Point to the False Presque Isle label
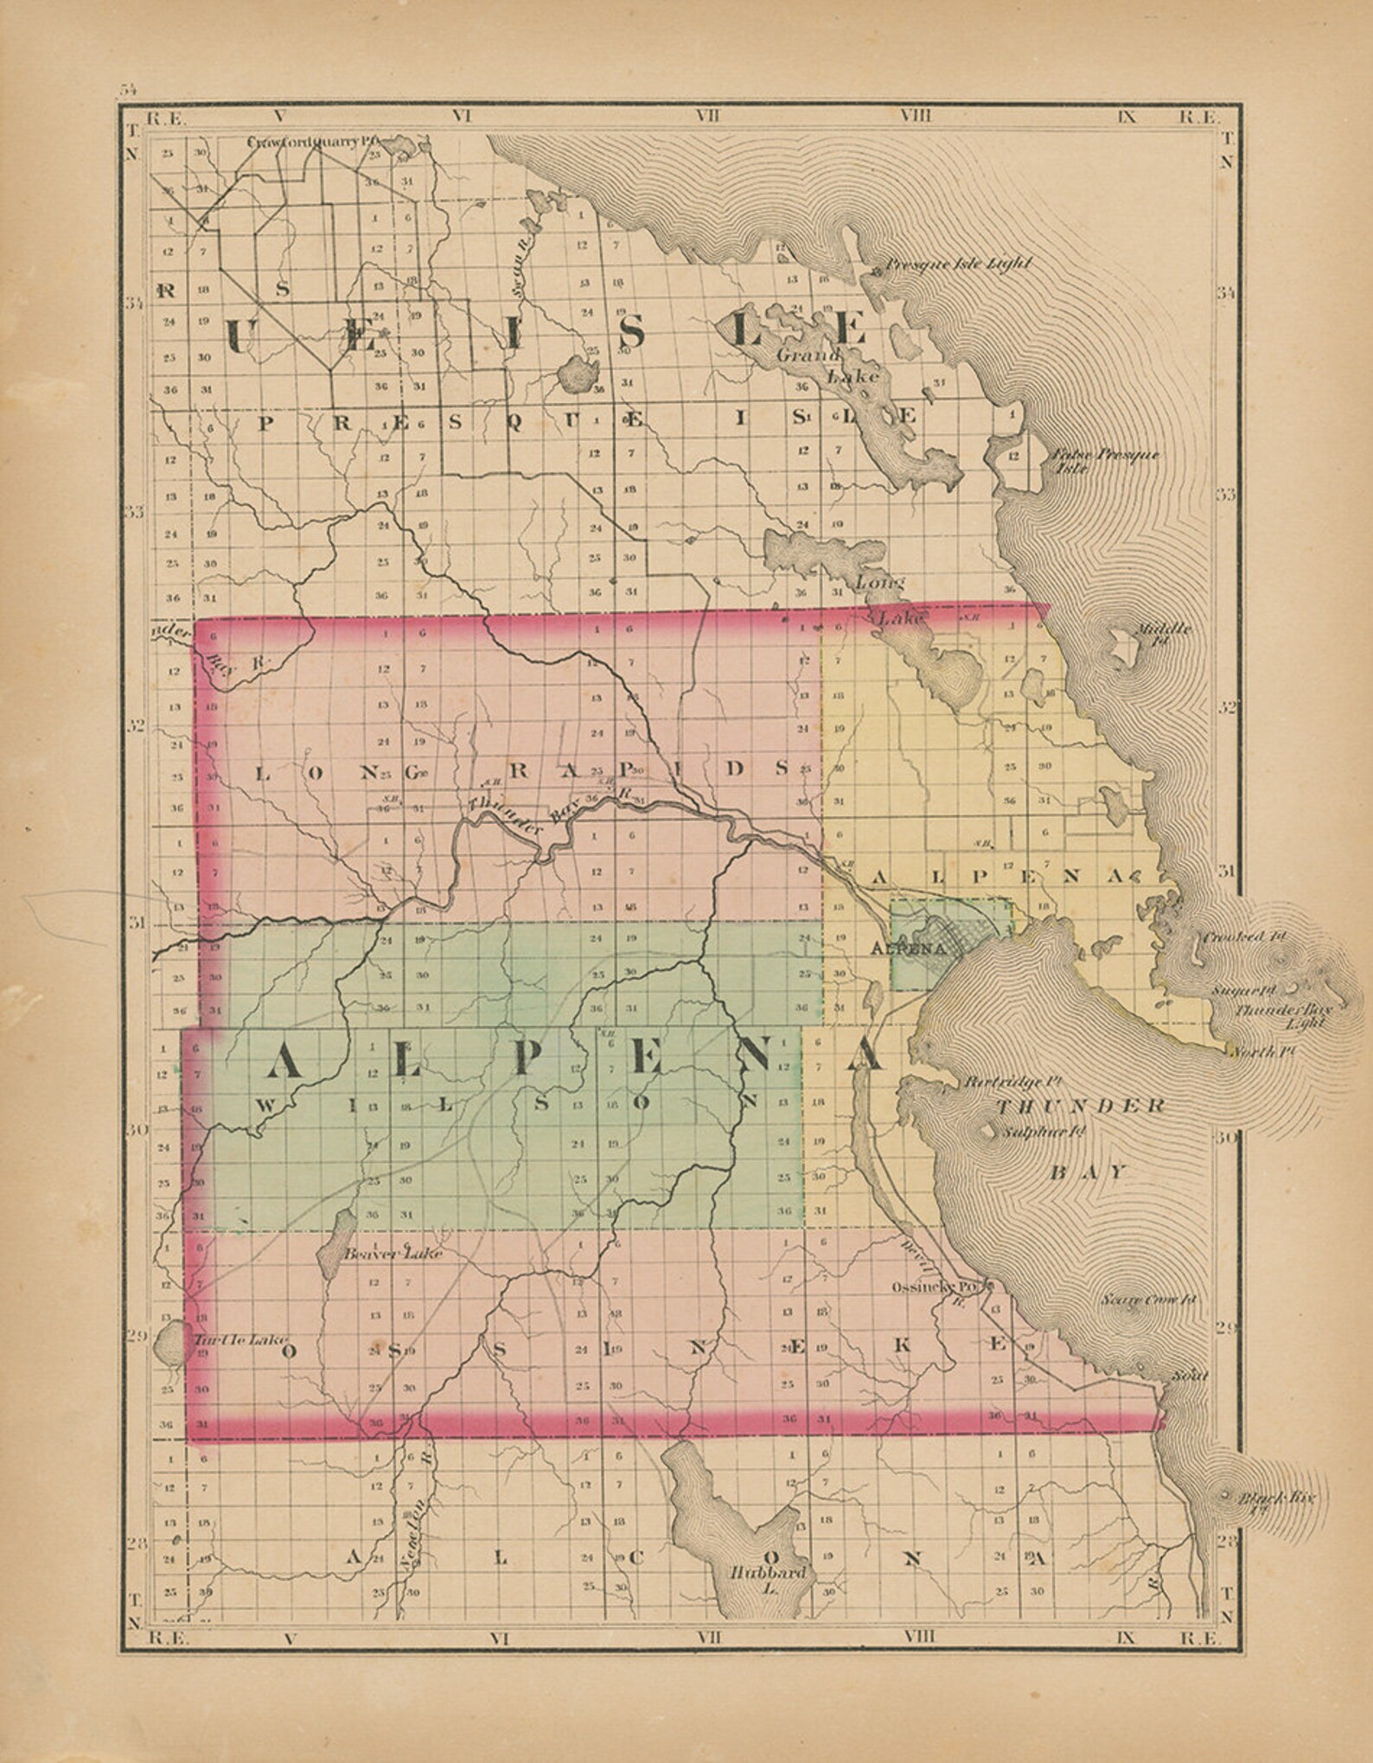coord(1104,461)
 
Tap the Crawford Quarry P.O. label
coord(314,142)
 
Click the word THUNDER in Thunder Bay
coord(1081,1107)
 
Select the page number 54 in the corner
coord(129,88)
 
